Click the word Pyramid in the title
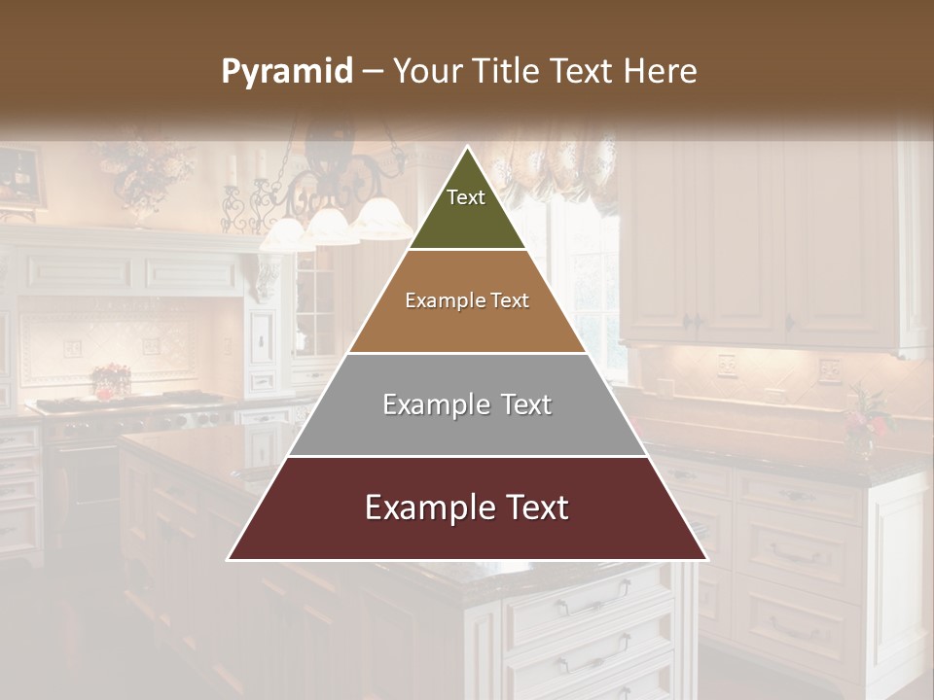(x=287, y=72)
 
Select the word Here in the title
(x=661, y=72)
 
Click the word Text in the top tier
(x=466, y=197)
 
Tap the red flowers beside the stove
(x=111, y=379)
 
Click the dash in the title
(x=373, y=72)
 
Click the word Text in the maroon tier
(x=533, y=507)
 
